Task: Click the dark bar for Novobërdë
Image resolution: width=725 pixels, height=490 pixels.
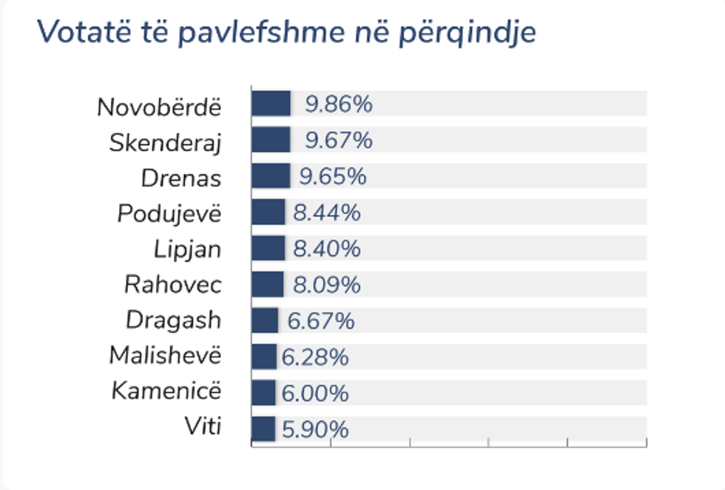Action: tap(271, 104)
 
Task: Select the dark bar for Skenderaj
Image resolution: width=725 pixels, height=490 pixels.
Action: tap(271, 140)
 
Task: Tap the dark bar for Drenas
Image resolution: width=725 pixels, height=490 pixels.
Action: tap(271, 176)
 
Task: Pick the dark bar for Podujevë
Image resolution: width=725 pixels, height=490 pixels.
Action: tap(268, 212)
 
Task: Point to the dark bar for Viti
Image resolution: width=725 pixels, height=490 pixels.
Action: tap(263, 429)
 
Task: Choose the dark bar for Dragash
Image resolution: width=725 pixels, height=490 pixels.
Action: tap(264, 320)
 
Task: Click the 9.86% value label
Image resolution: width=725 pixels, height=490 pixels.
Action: tap(339, 104)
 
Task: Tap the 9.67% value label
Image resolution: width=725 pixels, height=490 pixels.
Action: tap(339, 141)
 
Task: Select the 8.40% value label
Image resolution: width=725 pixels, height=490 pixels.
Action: tap(327, 249)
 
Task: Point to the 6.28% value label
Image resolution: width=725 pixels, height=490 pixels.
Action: tap(315, 358)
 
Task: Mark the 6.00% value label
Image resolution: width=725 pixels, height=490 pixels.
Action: tap(315, 394)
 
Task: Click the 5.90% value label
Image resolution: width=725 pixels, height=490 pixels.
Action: tap(315, 430)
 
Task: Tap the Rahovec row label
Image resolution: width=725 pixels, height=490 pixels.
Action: tap(173, 285)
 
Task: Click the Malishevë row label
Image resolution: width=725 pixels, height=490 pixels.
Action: tap(165, 356)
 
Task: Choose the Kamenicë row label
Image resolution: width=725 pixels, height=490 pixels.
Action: tap(166, 391)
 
